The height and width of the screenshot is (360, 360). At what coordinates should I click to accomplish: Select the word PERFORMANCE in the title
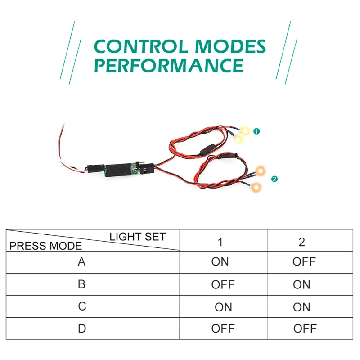click(x=169, y=66)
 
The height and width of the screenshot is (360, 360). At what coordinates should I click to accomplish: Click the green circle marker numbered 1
click(x=256, y=131)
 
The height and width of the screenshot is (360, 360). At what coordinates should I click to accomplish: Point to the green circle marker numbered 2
click(x=274, y=179)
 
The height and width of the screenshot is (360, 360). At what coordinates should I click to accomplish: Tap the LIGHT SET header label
click(x=138, y=237)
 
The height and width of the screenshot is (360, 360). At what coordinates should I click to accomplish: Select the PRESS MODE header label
click(x=46, y=246)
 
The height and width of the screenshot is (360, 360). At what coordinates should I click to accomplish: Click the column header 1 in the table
click(x=220, y=242)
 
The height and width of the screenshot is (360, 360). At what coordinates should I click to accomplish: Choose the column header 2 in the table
click(x=301, y=242)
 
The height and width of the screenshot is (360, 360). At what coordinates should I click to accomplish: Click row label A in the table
click(x=81, y=262)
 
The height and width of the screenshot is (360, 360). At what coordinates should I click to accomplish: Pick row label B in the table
click(x=81, y=284)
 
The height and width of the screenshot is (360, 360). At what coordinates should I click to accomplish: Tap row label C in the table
click(x=81, y=306)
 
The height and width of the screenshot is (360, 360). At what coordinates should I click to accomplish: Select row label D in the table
click(x=81, y=328)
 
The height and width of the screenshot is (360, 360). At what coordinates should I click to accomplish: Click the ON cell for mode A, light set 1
click(x=220, y=262)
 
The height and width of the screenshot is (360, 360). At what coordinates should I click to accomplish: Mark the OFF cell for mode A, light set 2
click(x=304, y=262)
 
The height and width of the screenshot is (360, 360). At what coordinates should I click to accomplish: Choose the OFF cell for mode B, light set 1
click(x=223, y=285)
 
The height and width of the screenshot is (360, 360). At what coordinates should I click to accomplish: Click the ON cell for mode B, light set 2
click(x=301, y=285)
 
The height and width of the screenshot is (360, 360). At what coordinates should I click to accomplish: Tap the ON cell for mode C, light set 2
click(x=301, y=307)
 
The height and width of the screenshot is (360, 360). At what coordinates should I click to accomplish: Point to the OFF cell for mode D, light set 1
click(x=223, y=329)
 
